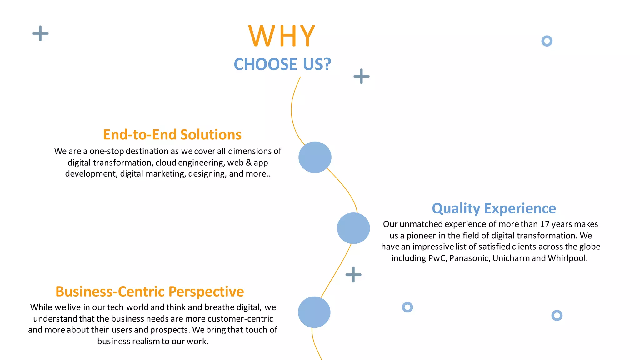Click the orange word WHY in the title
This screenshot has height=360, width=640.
282,36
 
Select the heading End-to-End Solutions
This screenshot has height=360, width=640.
172,135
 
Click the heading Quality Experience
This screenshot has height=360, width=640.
494,208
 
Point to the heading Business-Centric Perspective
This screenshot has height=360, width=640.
150,292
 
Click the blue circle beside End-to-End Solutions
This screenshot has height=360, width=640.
315,157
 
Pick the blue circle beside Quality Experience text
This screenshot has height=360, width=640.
353,228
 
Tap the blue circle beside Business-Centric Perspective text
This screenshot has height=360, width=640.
314,312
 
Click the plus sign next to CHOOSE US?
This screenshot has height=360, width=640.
362,76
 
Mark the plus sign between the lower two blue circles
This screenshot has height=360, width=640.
353,275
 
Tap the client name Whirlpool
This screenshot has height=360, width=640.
567,258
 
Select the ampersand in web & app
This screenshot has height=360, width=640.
249,162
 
